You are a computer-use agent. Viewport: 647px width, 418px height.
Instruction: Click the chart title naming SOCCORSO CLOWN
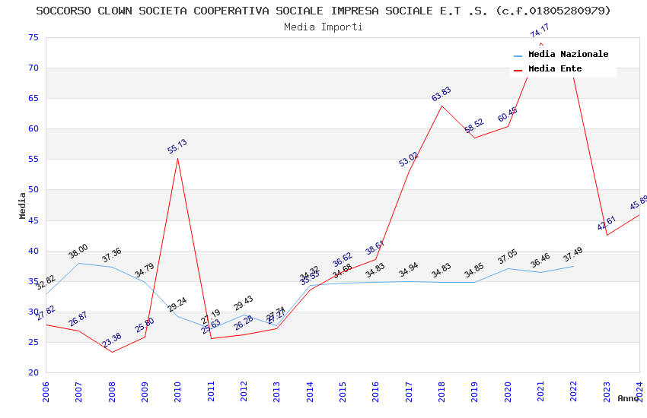click(323, 11)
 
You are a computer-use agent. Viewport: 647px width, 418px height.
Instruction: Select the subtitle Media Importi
click(323, 27)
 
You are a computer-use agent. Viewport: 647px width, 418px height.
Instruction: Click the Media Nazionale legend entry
click(568, 55)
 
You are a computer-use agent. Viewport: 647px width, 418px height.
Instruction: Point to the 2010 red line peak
click(177, 158)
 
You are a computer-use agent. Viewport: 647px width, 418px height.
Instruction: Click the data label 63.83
click(441, 94)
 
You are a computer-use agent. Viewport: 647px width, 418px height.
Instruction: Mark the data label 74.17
click(540, 31)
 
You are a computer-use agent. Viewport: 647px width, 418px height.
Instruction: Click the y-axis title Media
click(23, 205)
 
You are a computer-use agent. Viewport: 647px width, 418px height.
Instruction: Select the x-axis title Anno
click(628, 398)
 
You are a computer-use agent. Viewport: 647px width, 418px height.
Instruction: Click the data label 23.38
click(112, 340)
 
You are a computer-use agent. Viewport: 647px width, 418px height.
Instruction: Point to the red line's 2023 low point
click(607, 235)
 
